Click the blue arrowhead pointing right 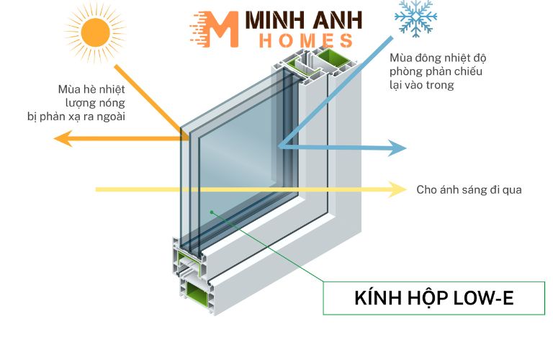click(397, 148)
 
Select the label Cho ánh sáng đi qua click(469, 190)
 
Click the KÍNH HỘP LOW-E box click(433, 298)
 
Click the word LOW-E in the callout click(486, 298)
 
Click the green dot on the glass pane click(212, 212)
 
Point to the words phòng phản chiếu click(429, 72)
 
